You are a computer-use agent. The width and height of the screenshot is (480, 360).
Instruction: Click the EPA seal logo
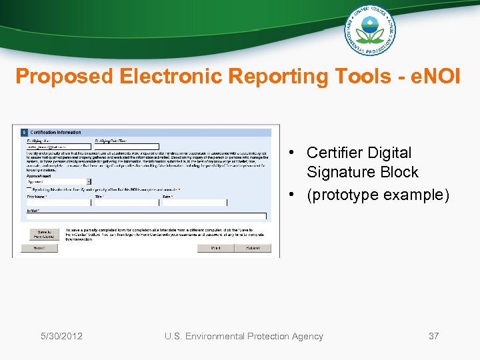369,29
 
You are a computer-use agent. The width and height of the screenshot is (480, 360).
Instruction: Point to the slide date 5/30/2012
61,336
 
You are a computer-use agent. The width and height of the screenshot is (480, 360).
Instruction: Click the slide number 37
433,336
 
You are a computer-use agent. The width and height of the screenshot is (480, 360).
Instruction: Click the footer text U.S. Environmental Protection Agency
243,336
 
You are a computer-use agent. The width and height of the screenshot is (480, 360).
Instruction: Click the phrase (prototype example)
378,195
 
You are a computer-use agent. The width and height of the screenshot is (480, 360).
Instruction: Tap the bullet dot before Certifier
292,153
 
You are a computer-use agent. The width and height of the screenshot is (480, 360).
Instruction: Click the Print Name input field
57,203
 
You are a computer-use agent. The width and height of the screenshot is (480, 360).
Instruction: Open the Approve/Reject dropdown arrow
89,181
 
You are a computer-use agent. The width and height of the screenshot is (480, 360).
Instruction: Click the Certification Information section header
56,132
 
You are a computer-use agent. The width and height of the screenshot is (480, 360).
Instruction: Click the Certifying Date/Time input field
127,146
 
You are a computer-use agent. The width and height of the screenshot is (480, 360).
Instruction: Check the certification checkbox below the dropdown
28,190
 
